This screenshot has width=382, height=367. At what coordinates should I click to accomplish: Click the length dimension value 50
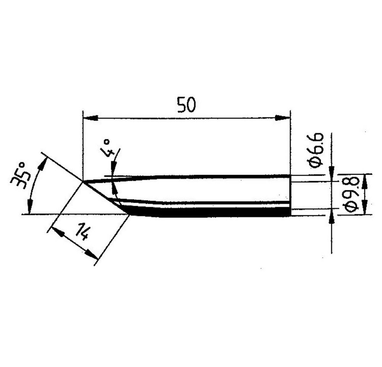(x=186, y=105)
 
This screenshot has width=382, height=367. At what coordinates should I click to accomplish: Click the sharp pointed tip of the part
(x=84, y=181)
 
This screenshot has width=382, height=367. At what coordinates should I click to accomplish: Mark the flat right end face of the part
(x=291, y=195)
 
